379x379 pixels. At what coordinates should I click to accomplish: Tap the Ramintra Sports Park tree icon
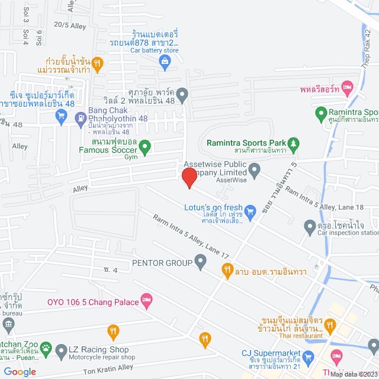293,143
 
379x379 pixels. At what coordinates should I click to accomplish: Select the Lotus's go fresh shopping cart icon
250,210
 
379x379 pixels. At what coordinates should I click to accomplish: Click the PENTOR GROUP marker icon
200,261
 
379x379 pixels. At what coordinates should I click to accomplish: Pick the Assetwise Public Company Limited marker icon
255,172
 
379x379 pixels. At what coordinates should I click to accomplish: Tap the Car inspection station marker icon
309,226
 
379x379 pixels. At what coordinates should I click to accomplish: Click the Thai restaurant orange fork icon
330,325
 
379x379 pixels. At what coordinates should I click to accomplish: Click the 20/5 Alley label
66,24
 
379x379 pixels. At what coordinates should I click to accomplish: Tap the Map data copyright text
354,374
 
